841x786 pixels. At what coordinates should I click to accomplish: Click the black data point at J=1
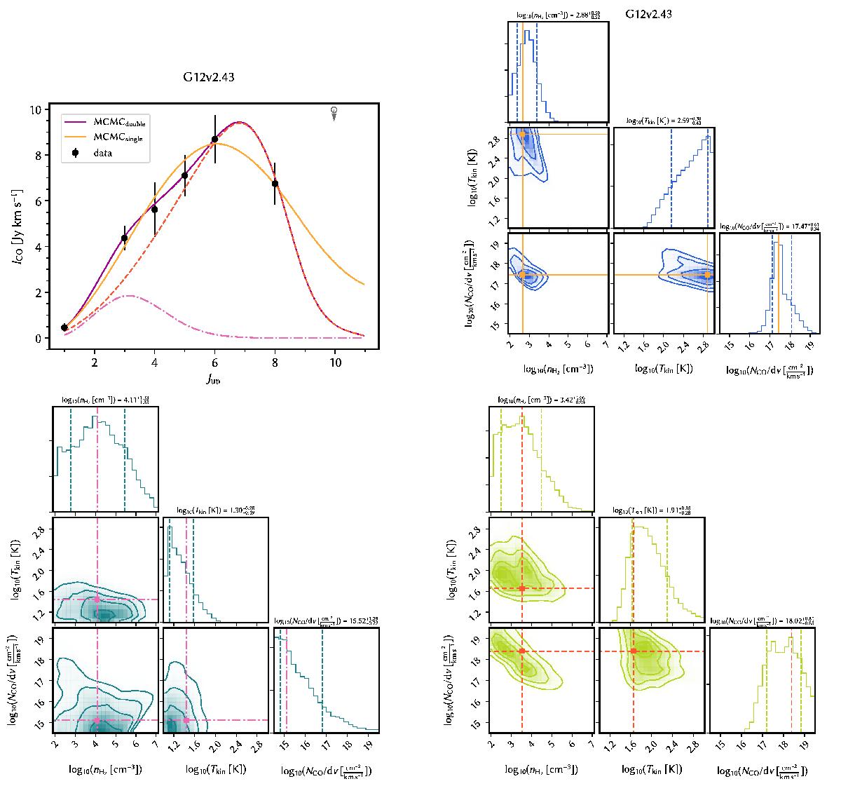64,327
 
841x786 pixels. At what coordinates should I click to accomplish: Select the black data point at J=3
125,238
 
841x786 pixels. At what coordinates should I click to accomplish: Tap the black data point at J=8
275,184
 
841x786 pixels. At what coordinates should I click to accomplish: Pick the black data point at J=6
214,140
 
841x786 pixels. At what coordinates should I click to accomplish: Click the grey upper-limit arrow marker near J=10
334,113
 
